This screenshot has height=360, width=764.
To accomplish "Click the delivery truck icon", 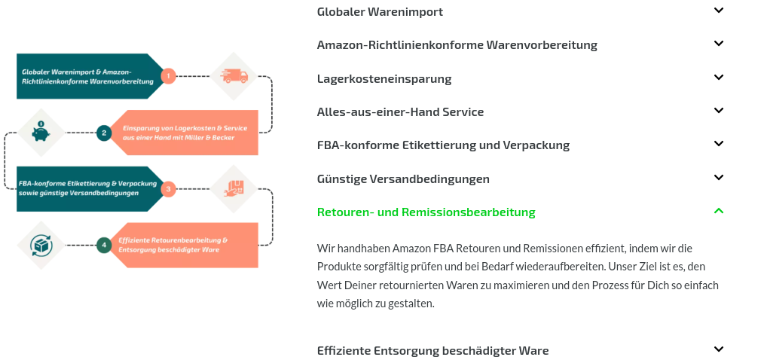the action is pyautogui.click(x=234, y=76).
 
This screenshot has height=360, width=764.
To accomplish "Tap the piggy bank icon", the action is pyautogui.click(x=41, y=132).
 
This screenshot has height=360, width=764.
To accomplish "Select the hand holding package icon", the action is pyautogui.click(x=234, y=188).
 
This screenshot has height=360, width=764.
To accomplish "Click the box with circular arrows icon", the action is pyautogui.click(x=41, y=245).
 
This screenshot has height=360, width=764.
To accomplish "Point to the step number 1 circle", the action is pyautogui.click(x=168, y=76).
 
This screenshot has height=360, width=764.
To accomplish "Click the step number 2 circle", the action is pyautogui.click(x=104, y=133).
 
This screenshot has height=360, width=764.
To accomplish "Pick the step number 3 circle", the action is pyautogui.click(x=168, y=189).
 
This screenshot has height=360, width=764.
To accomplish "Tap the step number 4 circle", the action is pyautogui.click(x=104, y=245).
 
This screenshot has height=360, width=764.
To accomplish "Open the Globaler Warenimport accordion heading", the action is pyautogui.click(x=380, y=12).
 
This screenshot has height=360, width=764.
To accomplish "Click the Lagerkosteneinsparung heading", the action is pyautogui.click(x=384, y=78).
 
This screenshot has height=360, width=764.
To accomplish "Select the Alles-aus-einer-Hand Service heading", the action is pyautogui.click(x=401, y=112).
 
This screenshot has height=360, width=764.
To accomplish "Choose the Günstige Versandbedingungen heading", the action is pyautogui.click(x=403, y=178).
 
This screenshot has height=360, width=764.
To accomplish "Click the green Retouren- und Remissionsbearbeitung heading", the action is pyautogui.click(x=426, y=212).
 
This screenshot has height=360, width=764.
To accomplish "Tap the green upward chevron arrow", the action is pyautogui.click(x=719, y=210).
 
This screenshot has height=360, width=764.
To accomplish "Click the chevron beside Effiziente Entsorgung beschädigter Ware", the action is pyautogui.click(x=719, y=349).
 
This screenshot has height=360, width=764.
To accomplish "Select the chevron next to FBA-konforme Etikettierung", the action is pyautogui.click(x=719, y=143).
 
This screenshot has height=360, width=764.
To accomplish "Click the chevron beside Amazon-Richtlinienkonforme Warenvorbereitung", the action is pyautogui.click(x=719, y=43).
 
